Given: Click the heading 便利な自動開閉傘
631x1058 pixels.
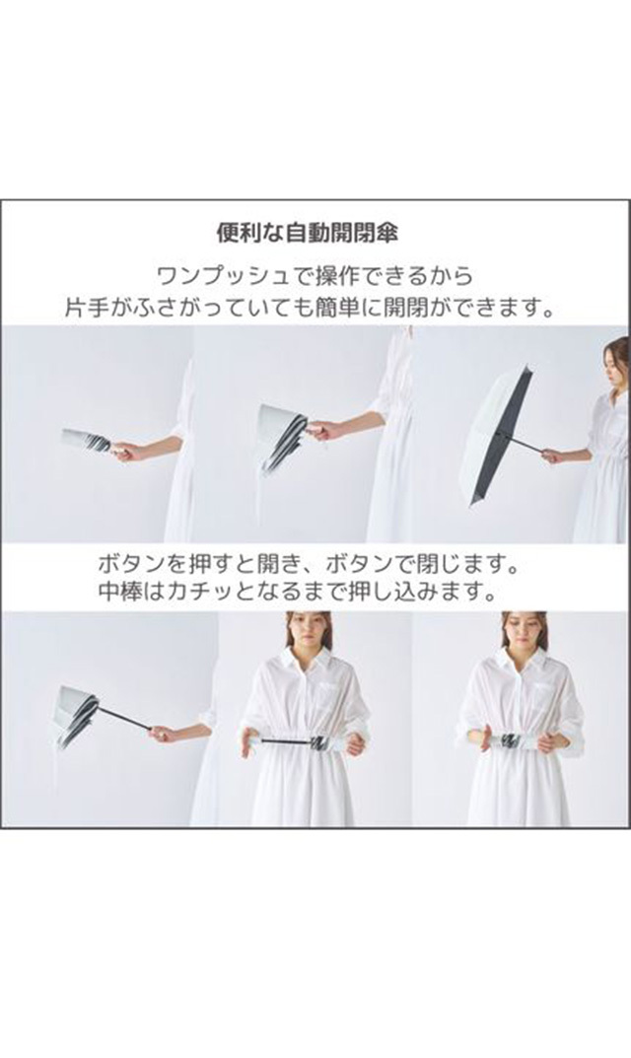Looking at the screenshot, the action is [x=307, y=233].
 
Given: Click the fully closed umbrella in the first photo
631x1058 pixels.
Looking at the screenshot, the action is [x=87, y=440].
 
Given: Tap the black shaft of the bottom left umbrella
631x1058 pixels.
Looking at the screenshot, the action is [x=125, y=717].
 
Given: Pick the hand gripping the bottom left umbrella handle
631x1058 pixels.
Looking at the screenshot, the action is [x=164, y=734].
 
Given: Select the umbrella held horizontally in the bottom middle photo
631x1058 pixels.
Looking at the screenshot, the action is [x=302, y=742].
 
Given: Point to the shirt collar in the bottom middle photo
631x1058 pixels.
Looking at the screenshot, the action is [x=307, y=658].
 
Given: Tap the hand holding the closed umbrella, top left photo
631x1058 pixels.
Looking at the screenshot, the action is [x=128, y=451].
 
